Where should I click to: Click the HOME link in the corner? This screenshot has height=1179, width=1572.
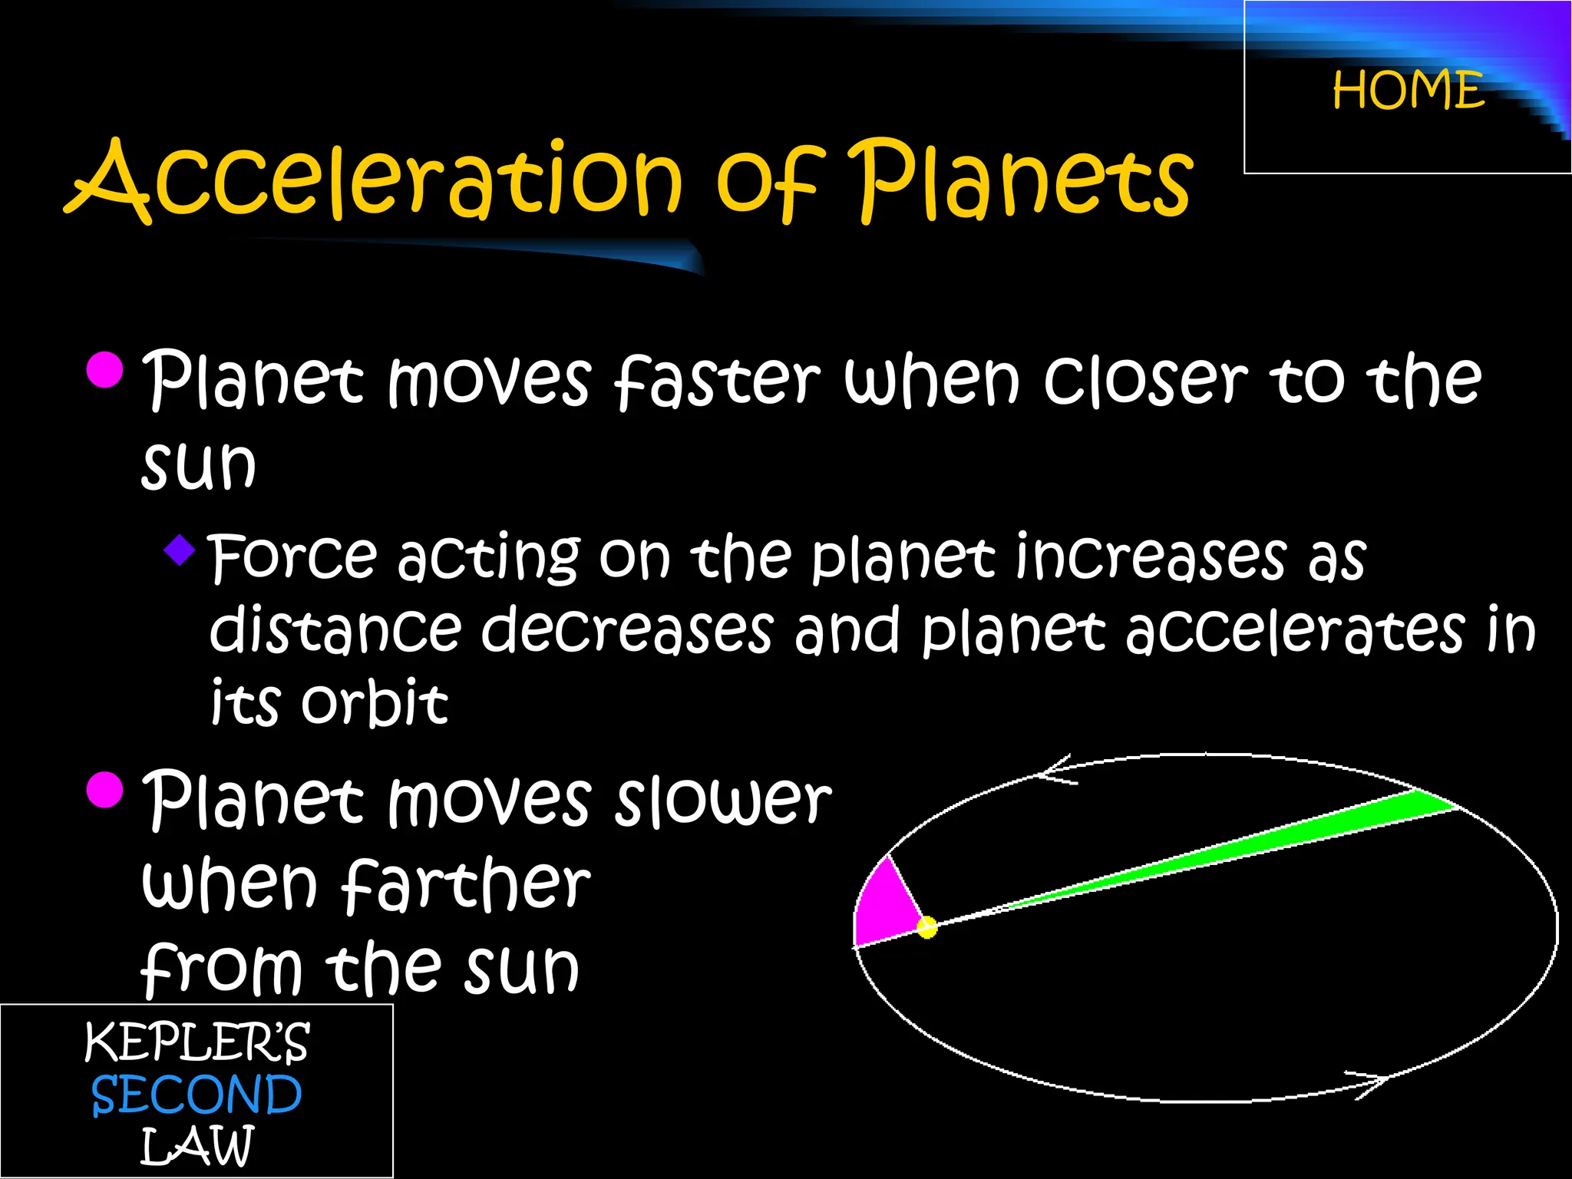point(1408,91)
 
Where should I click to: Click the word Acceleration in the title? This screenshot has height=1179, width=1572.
point(376,180)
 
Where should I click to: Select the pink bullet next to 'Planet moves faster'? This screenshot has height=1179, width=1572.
point(105,370)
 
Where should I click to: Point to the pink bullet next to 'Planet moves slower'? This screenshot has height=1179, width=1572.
point(105,791)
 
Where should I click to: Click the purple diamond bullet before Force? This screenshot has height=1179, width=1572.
point(180,550)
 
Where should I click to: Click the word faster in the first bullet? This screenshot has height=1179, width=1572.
point(718,380)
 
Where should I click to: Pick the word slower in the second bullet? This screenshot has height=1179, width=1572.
point(723,800)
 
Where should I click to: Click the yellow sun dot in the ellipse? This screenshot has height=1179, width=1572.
point(927,927)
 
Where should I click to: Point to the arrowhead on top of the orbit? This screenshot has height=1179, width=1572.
point(1055,770)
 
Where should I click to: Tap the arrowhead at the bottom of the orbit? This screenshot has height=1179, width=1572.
point(1370,1082)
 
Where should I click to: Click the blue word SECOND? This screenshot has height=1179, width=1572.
point(196,1095)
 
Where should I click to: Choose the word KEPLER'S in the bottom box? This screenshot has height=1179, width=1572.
point(196,1042)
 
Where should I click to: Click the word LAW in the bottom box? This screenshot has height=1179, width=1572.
point(196,1147)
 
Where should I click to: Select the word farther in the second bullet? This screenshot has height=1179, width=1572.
point(466,887)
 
